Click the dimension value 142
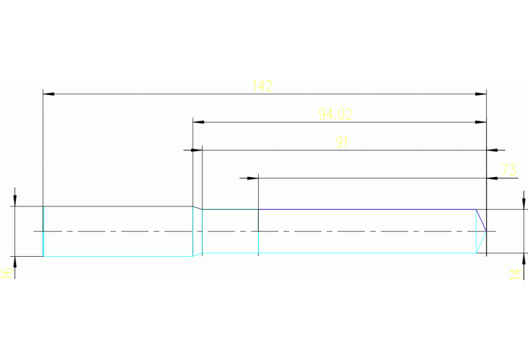tap(262, 86)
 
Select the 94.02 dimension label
tap(335, 114)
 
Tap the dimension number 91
tap(342, 142)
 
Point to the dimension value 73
tap(509, 170)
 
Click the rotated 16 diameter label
tap(6, 273)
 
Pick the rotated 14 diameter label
tap(514, 274)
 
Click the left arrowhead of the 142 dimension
tap(48, 93)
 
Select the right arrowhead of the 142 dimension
tap(481, 93)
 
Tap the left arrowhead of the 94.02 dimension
tap(198, 122)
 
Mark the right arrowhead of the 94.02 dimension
tap(481, 122)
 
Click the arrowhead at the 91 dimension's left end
tap(196, 149)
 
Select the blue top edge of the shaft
tap(365, 209)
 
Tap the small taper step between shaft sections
tap(198, 207)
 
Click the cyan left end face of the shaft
tap(43, 231)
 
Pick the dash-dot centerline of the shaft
tap(275, 231)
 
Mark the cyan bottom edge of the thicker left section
tap(117, 256)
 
